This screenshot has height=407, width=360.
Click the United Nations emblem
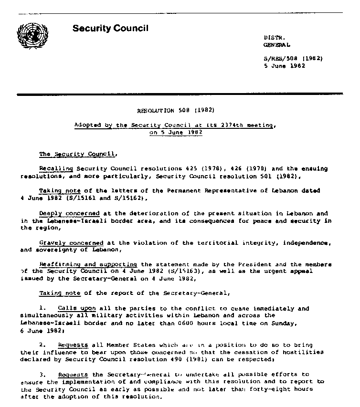[x=33, y=37]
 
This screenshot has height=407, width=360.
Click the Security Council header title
[x=110, y=28]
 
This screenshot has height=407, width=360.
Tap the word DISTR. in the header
[x=273, y=37]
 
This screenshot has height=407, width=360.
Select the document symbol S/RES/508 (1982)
[x=293, y=59]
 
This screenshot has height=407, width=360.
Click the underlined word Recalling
[x=56, y=169]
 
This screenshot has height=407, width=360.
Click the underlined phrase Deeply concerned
[x=70, y=213]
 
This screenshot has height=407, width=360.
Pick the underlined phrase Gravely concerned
[x=71, y=242]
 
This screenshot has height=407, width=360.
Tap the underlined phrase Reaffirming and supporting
[x=88, y=264]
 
